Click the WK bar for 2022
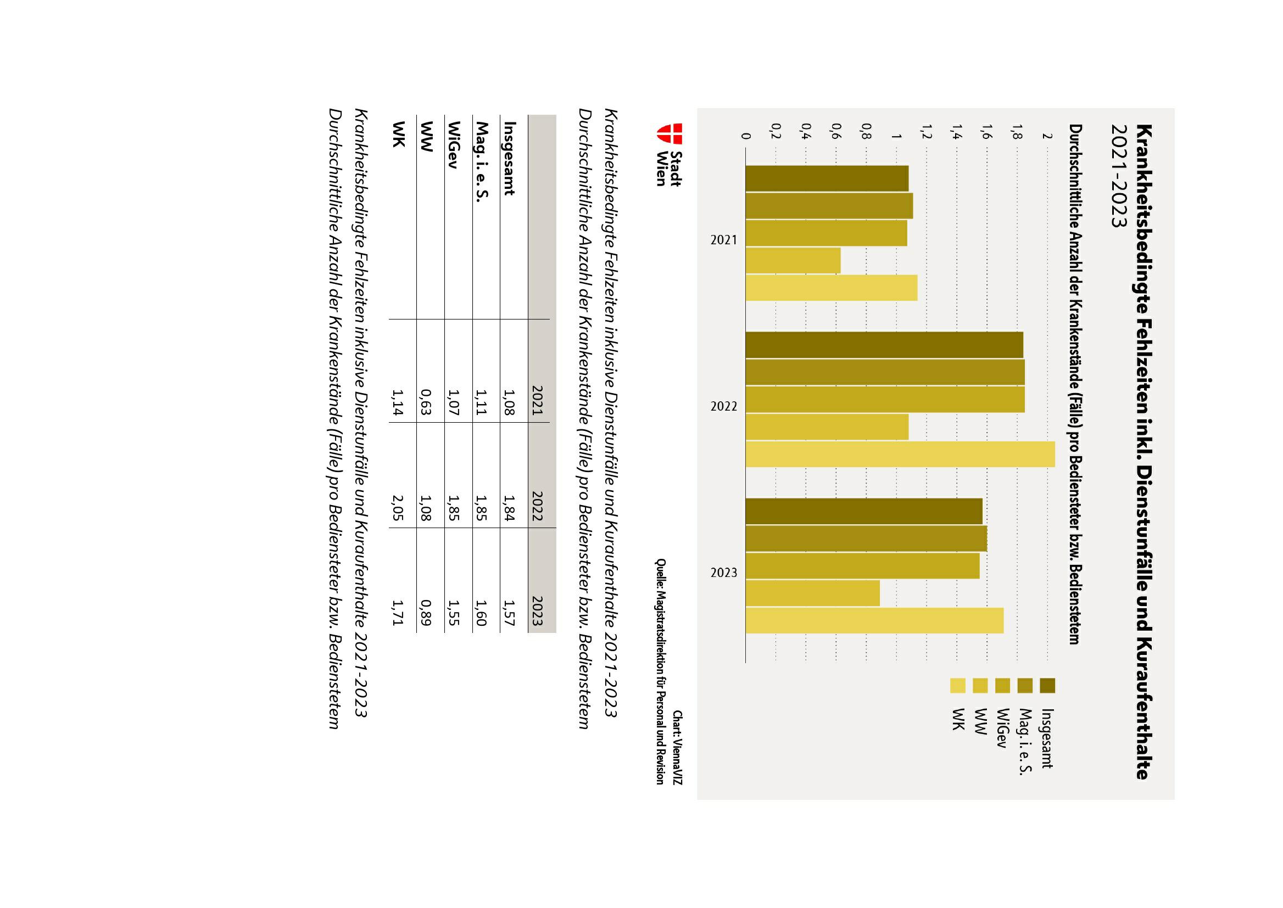pyautogui.click(x=900, y=454)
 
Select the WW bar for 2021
pyautogui.click(x=793, y=261)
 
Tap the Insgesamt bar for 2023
pyautogui.click(x=863, y=511)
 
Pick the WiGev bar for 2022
pyautogui.click(x=885, y=399)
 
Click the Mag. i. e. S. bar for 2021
pyautogui.click(x=829, y=206)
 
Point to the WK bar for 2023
pyautogui.click(x=874, y=620)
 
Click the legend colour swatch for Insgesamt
pyautogui.click(x=1047, y=686)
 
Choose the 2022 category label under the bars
pyautogui.click(x=724, y=406)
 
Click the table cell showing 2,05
pyautogui.click(x=398, y=508)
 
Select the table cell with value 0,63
pyautogui.click(x=426, y=402)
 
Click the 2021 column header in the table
pyautogui.click(x=538, y=402)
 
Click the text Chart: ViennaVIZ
pyautogui.click(x=677, y=747)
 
